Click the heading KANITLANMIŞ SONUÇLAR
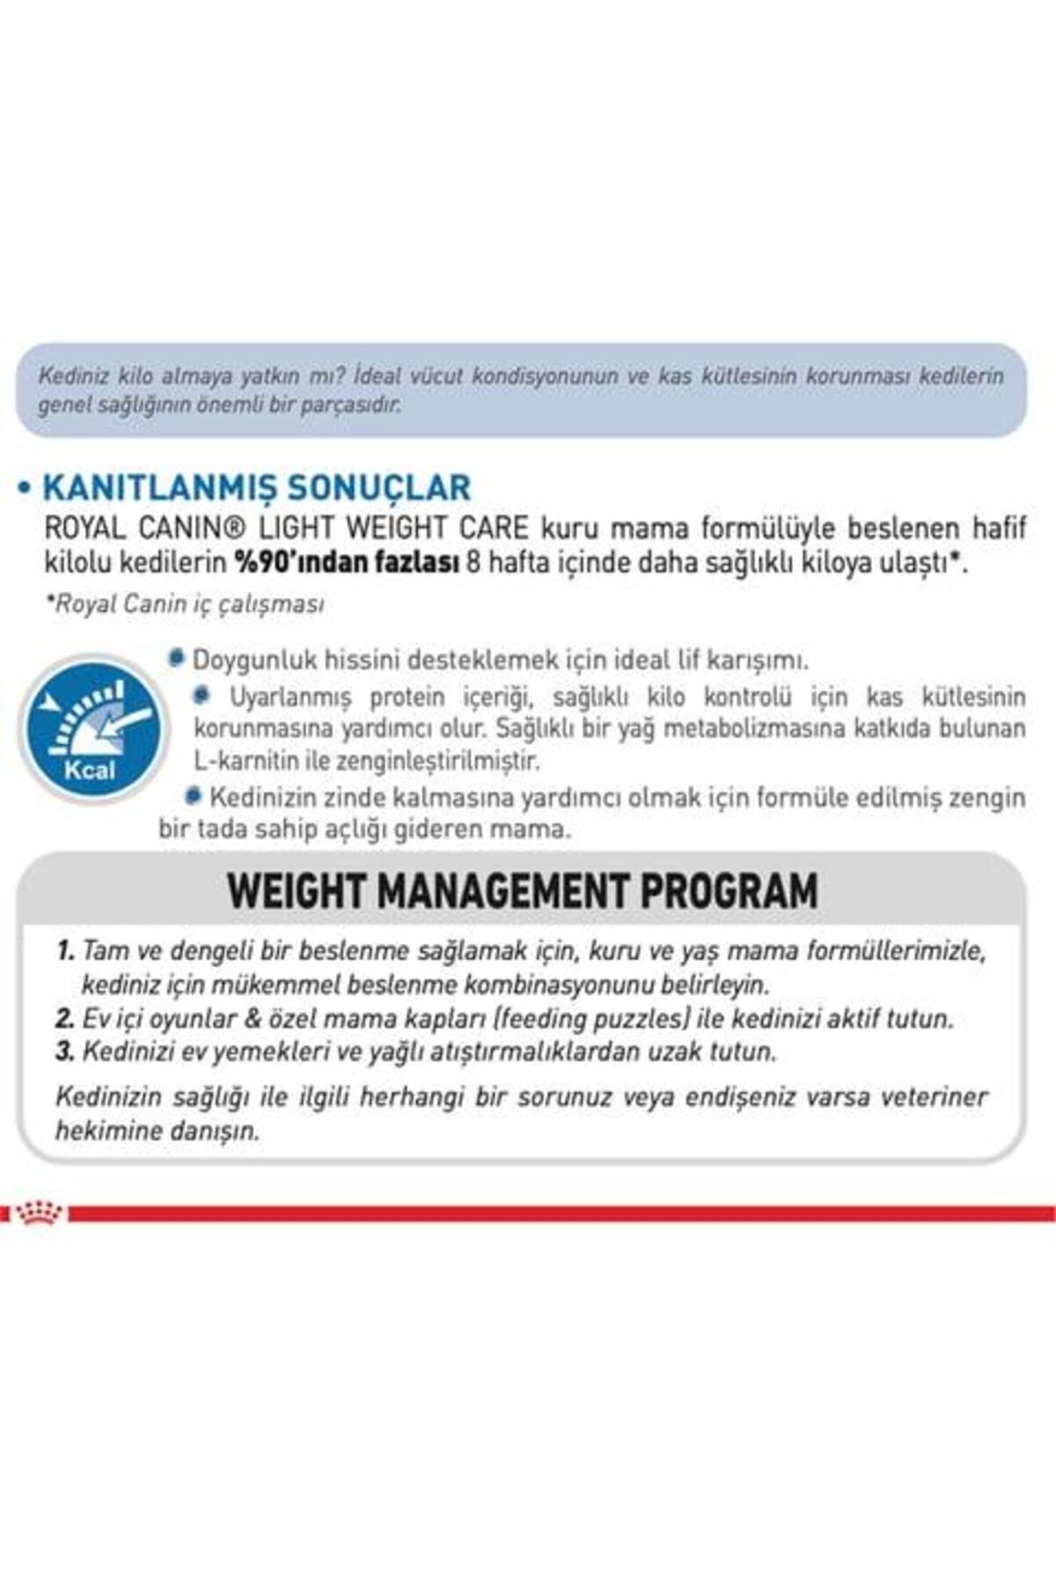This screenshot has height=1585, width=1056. coord(256,487)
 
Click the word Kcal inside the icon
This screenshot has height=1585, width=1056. coord(90,770)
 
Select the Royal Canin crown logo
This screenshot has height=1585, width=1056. coord(40,1213)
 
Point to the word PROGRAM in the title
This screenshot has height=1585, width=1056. coord(730,891)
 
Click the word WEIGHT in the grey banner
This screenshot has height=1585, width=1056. coord(296,891)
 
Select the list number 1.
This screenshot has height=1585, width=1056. coord(64,951)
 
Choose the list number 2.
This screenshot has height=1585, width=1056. coord(64,1019)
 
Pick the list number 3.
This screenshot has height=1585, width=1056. coord(64,1051)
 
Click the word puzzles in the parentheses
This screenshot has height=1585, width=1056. coord(640,1019)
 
